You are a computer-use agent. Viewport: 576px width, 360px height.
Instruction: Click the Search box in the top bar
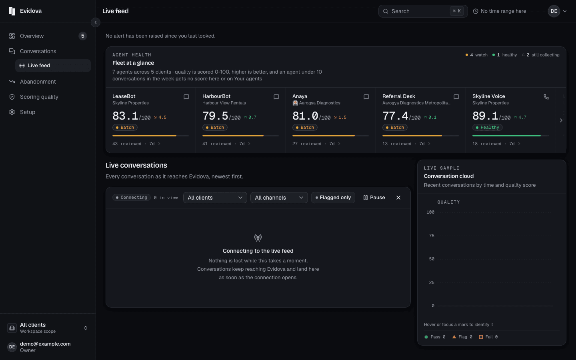coord(423,11)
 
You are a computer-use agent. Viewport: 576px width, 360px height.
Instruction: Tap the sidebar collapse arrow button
coord(95,22)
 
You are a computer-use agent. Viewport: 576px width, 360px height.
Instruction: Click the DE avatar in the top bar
coord(554,11)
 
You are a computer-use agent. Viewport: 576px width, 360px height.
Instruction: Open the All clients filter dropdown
coord(215,198)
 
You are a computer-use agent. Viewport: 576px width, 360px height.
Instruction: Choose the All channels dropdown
coord(279,198)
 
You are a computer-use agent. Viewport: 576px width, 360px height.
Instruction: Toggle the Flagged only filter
coord(333,198)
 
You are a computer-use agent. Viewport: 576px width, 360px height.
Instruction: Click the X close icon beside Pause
coord(398,198)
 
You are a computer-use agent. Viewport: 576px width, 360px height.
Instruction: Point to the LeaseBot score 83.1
coord(125,116)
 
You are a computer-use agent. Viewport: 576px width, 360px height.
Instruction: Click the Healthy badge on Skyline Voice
coord(487,127)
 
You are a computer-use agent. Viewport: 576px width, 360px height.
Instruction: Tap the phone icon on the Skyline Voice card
coord(546,97)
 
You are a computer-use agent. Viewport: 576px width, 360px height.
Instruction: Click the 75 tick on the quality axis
coord(432,236)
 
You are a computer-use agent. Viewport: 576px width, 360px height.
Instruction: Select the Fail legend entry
coord(488,337)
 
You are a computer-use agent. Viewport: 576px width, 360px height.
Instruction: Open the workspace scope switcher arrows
coord(85,328)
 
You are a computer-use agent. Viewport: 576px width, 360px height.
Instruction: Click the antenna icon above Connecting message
coord(258,238)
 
